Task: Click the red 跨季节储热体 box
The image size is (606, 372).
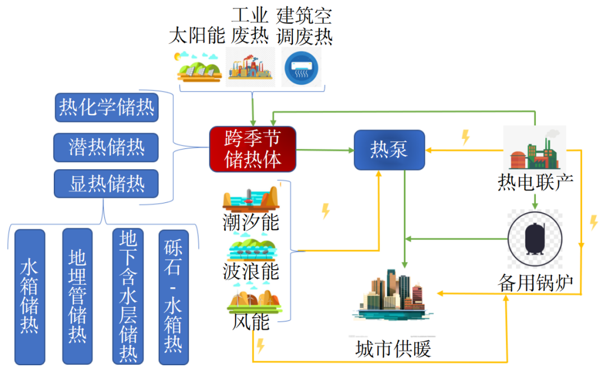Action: click(252, 149)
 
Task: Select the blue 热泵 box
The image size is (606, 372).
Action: click(389, 149)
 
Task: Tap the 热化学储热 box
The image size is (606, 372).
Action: click(107, 106)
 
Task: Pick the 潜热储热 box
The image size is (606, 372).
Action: click(106, 147)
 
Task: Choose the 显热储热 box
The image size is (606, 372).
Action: click(106, 184)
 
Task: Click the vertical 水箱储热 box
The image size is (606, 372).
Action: click(29, 296)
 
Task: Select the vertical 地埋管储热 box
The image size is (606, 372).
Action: click(77, 296)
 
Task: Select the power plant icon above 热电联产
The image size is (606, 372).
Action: click(534, 149)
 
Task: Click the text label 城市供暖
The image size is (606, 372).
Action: click(393, 350)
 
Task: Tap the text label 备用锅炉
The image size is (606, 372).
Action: click(535, 283)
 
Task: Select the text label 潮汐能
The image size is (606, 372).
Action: click(251, 222)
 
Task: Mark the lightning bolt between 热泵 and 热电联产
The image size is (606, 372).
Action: click(465, 137)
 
